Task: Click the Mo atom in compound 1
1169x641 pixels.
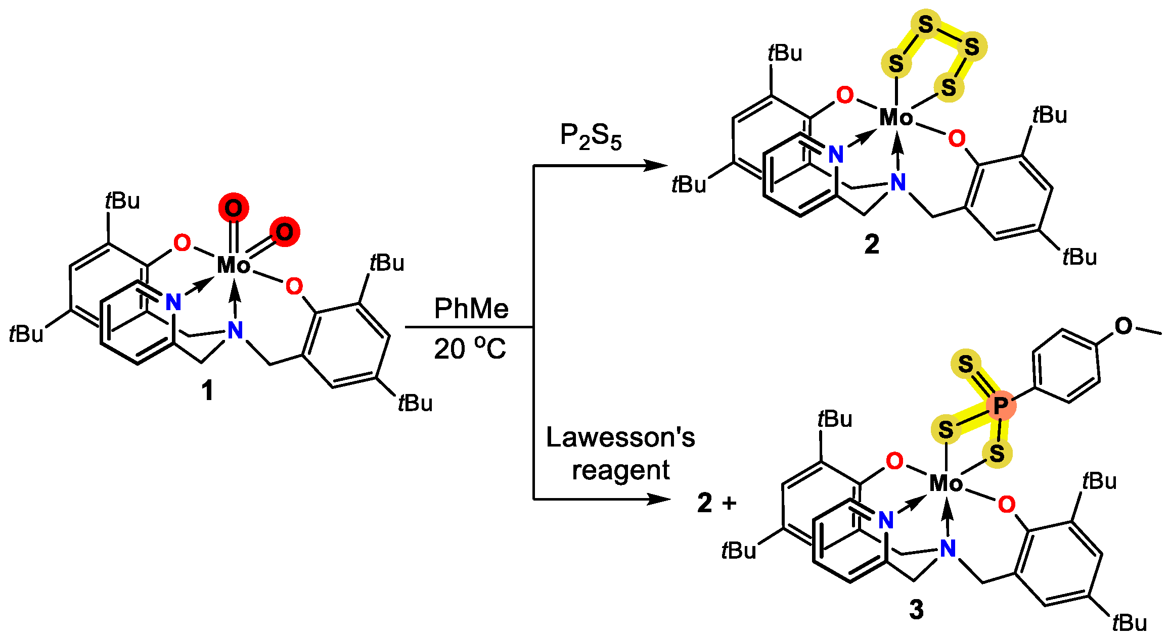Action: (x=234, y=265)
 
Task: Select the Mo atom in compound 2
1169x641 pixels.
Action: (x=896, y=118)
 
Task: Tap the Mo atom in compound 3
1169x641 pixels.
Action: (x=946, y=484)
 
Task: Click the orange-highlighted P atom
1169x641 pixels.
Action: (x=1000, y=405)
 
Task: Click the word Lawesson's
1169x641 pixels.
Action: (x=620, y=437)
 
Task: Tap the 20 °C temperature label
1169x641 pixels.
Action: (x=470, y=349)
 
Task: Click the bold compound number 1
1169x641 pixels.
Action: (x=207, y=391)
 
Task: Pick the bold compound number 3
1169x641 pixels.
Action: (x=916, y=610)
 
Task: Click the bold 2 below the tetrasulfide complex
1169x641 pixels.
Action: (x=872, y=244)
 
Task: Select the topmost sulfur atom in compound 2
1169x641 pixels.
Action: (x=925, y=24)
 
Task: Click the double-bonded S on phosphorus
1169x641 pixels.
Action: (x=966, y=364)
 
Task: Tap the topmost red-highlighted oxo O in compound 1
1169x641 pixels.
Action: (x=234, y=208)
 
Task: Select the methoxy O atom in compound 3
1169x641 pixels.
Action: (x=1123, y=326)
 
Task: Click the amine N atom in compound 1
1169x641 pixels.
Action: (x=235, y=330)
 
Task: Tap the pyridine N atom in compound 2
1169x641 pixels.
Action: (x=836, y=155)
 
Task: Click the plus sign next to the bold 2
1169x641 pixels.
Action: (x=730, y=503)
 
